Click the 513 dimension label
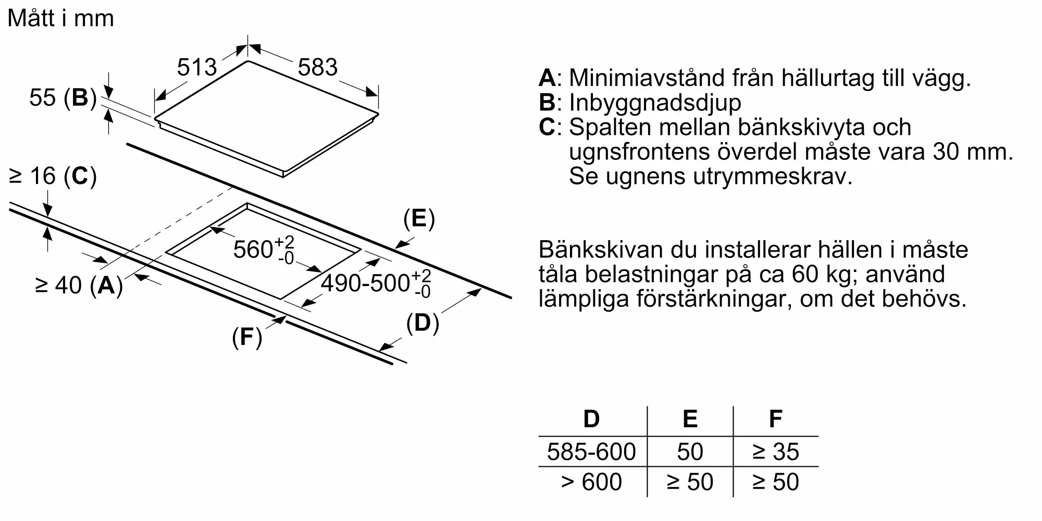coord(197,67)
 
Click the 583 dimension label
coord(318,67)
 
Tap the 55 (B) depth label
coord(63,97)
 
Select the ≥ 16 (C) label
coord(53,176)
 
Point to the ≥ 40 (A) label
coord(79,285)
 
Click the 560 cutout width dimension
coord(264,249)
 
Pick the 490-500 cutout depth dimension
coord(376,283)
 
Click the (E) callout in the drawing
coord(419,219)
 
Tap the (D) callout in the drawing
coord(423,323)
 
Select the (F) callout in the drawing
coord(247,337)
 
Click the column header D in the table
coord(591,419)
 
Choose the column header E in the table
coord(690,419)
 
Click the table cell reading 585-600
coord(591,452)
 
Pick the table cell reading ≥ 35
coord(776,452)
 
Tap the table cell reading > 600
coord(591,482)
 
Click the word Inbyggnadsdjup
coord(655,103)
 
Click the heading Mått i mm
coord(61,18)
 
